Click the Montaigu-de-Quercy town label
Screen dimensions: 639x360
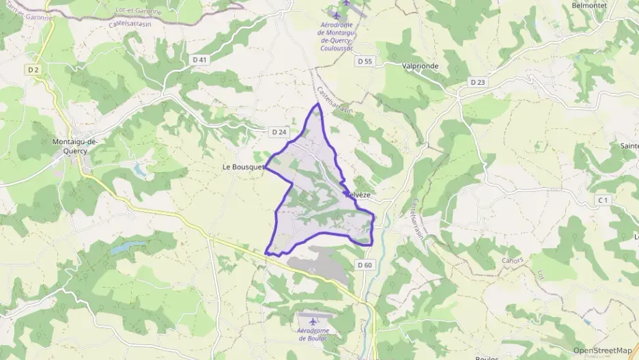click(75, 146)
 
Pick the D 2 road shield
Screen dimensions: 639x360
click(34, 70)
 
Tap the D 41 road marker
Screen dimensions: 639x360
click(199, 60)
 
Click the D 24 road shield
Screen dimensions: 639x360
click(278, 132)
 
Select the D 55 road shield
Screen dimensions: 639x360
click(365, 61)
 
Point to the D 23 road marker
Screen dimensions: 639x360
click(477, 82)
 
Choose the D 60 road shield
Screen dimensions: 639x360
click(365, 265)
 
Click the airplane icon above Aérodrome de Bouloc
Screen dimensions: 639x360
click(313, 321)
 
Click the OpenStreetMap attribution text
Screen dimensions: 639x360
click(602, 350)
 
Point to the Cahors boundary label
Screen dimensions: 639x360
click(512, 260)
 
